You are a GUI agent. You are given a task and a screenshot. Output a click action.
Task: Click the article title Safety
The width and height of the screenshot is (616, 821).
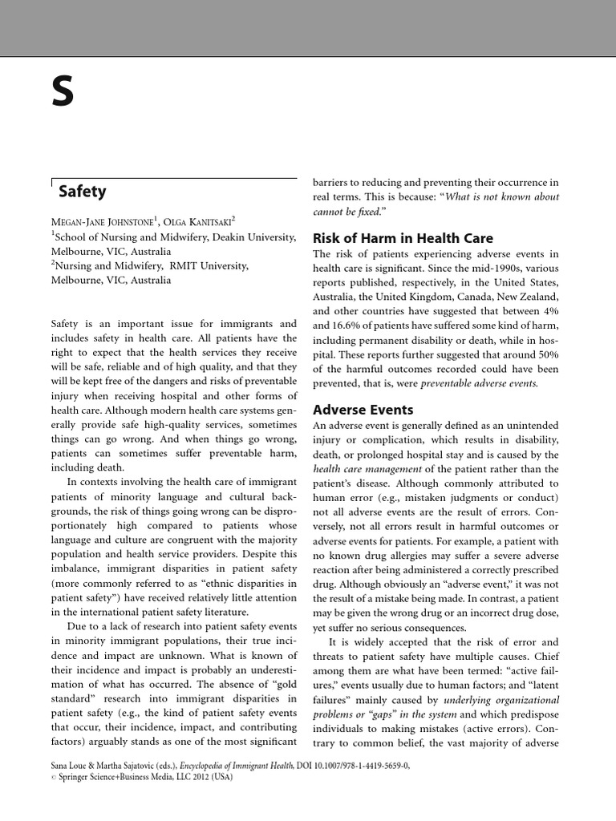82,192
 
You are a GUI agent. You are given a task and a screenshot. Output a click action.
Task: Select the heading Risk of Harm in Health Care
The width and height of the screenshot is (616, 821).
403,238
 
